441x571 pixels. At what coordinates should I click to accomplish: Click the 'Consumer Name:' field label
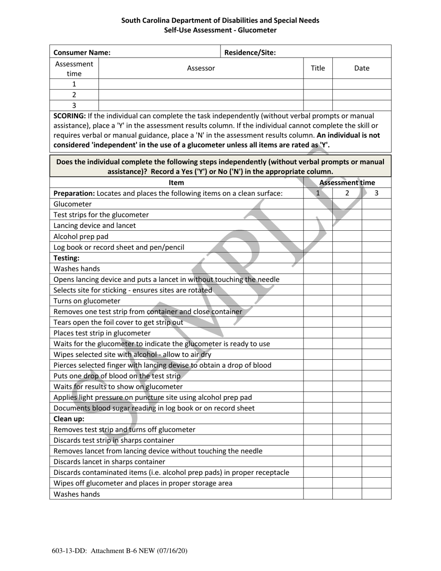(82, 52)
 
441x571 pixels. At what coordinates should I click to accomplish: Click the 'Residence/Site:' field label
(250, 52)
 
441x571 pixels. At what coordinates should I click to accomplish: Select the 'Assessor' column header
(201, 68)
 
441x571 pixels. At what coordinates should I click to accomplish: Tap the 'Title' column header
(318, 68)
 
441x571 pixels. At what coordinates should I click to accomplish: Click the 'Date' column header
(362, 68)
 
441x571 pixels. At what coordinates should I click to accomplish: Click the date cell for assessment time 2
(362, 95)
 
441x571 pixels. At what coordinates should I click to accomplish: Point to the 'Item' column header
(176, 183)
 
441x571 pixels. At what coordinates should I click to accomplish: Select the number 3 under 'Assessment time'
(376, 193)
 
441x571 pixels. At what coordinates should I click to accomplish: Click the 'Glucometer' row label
(73, 204)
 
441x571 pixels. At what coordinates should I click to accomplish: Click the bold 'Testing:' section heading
(66, 258)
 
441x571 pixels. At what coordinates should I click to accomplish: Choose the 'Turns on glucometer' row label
(87, 301)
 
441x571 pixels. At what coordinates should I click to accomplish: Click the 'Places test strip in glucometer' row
(102, 333)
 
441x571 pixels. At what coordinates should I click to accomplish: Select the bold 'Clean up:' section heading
(69, 419)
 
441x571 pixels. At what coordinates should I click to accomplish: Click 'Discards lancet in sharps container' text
(110, 461)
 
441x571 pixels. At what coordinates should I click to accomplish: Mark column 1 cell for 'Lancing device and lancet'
(318, 226)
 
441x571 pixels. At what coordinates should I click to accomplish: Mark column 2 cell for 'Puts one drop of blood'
(347, 376)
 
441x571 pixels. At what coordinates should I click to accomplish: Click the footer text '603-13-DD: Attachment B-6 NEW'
(120, 551)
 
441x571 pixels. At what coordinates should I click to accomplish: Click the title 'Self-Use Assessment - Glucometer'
(220, 30)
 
